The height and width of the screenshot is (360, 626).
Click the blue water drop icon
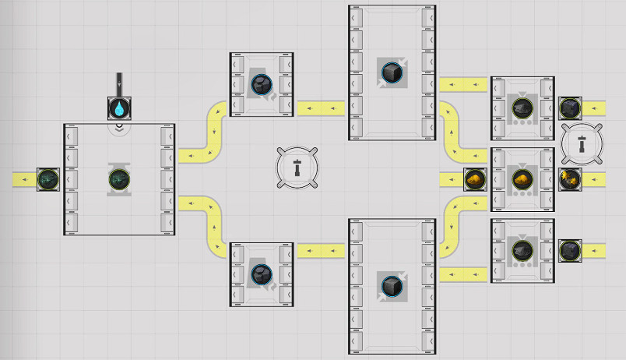point(118,108)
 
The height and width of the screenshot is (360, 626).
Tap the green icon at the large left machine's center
point(119,180)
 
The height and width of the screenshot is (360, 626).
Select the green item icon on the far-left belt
point(48,179)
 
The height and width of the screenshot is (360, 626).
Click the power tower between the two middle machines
point(297,167)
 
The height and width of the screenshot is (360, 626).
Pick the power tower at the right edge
point(582,142)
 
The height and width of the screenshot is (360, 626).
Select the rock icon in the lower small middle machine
point(262,273)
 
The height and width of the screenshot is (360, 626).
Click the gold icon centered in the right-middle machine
point(521,179)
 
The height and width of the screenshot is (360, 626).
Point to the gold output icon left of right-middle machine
point(475,179)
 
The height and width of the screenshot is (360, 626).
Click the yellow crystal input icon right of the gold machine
point(570,178)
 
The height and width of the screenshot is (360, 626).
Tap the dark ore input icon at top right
point(570,108)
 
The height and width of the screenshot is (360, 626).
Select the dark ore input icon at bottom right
point(570,250)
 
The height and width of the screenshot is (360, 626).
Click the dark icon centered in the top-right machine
point(521,109)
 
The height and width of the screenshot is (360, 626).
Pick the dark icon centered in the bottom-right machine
point(521,251)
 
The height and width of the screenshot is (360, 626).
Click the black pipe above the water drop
point(118,83)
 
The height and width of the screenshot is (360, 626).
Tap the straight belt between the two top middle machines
point(321,108)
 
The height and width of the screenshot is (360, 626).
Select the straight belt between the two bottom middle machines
point(321,251)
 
